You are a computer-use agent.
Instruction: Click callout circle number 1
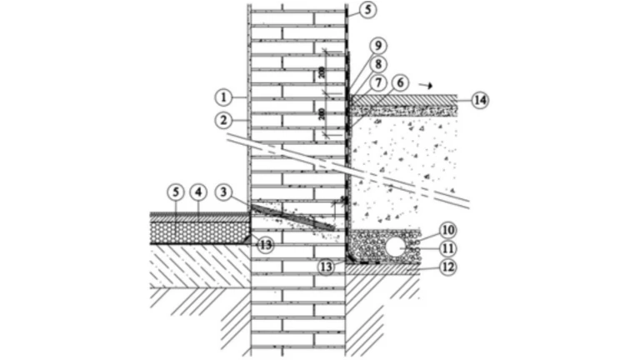coord(224,94)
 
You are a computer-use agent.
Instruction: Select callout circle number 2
coord(224,120)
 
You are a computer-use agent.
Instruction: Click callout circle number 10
coord(447,229)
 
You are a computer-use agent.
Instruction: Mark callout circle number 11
coord(447,248)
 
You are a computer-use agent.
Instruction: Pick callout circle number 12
coord(447,267)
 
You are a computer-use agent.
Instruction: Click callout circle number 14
coord(478,100)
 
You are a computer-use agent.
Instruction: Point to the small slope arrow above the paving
coord(428,84)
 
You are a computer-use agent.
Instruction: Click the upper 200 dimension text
coord(322,72)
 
